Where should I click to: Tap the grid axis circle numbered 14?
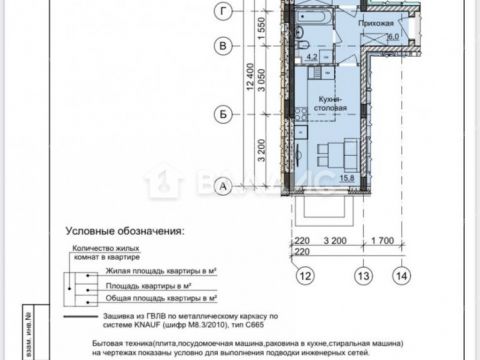pos(401,275)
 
